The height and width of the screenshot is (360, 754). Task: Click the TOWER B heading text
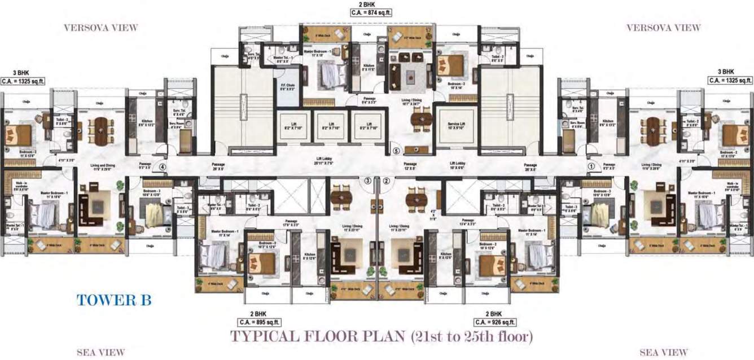click(x=115, y=300)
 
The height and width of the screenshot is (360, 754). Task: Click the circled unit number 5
click(x=396, y=151)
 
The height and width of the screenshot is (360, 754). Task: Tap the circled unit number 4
click(x=163, y=167)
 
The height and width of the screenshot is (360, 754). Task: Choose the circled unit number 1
click(x=591, y=166)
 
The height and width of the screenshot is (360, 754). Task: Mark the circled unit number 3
click(x=367, y=181)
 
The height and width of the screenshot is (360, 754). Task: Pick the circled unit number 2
click(x=387, y=181)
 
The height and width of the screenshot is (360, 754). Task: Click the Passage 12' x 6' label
click(x=410, y=165)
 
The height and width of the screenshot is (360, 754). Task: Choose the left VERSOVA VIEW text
click(x=100, y=28)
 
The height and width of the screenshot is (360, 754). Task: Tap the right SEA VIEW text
click(x=664, y=353)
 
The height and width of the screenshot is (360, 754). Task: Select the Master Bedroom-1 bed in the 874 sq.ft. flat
click(x=333, y=74)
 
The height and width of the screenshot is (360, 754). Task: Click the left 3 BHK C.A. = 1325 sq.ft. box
click(x=23, y=81)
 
